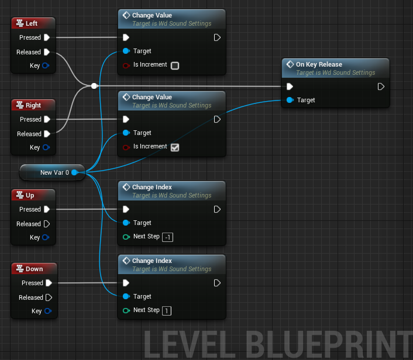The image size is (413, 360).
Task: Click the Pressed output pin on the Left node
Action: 47,37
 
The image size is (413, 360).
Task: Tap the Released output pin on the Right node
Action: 47,134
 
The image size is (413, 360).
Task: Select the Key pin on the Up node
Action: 46,237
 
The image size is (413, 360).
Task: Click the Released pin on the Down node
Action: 49,297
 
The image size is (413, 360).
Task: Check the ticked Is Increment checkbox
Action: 175,147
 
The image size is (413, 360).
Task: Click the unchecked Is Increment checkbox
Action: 175,65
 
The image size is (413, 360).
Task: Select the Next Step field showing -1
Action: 168,237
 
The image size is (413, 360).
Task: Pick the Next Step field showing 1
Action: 167,311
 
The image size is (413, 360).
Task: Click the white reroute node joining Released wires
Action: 94,86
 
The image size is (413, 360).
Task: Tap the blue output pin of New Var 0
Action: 75,172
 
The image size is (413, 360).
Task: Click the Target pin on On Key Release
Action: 290,100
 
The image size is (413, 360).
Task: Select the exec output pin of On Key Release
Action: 381,86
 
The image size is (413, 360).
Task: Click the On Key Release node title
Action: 319,64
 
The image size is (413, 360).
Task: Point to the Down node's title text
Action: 35,269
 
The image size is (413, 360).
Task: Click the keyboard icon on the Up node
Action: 20,195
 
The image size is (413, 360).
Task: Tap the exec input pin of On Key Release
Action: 290,86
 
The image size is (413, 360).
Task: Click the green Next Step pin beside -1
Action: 126,237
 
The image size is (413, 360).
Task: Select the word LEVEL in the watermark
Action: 190,345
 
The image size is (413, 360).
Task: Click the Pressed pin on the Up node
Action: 47,209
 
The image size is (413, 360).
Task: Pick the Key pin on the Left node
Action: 46,65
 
